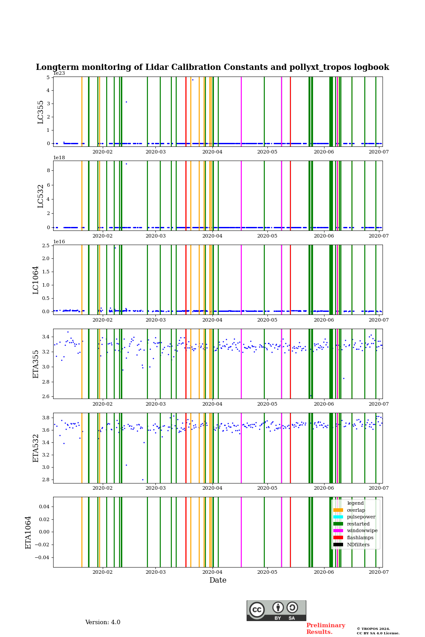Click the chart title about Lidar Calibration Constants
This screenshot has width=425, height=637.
pyautogui.click(x=212, y=67)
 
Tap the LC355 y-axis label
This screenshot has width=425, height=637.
pyautogui.click(x=41, y=112)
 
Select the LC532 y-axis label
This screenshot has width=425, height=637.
pyautogui.click(x=41, y=196)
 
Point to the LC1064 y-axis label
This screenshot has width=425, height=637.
pyautogui.click(x=36, y=280)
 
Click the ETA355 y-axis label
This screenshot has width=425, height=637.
pyautogui.click(x=36, y=364)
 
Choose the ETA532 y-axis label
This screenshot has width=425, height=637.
pyautogui.click(x=36, y=448)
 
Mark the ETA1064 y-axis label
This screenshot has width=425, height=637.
pyautogui.click(x=28, y=532)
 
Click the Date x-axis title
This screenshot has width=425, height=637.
pyautogui.click(x=218, y=580)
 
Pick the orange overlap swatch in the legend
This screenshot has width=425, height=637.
pyautogui.click(x=338, y=510)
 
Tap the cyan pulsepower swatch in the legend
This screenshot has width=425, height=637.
pyautogui.click(x=338, y=517)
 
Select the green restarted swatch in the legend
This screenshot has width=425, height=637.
pyautogui.click(x=338, y=524)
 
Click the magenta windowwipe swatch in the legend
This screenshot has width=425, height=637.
pyautogui.click(x=338, y=531)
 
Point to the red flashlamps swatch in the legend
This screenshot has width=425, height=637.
pyautogui.click(x=338, y=538)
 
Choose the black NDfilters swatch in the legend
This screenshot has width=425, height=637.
pyautogui.click(x=338, y=545)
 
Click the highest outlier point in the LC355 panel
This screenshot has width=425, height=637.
pyautogui.click(x=193, y=80)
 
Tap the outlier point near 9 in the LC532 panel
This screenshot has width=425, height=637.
pyautogui.click(x=126, y=164)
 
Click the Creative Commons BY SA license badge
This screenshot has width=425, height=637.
pyautogui.click(x=276, y=610)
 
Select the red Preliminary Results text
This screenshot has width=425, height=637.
pyautogui.click(x=325, y=629)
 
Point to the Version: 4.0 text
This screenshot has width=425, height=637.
pyautogui.click(x=103, y=622)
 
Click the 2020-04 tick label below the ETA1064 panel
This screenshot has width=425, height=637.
pyautogui.click(x=212, y=572)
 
